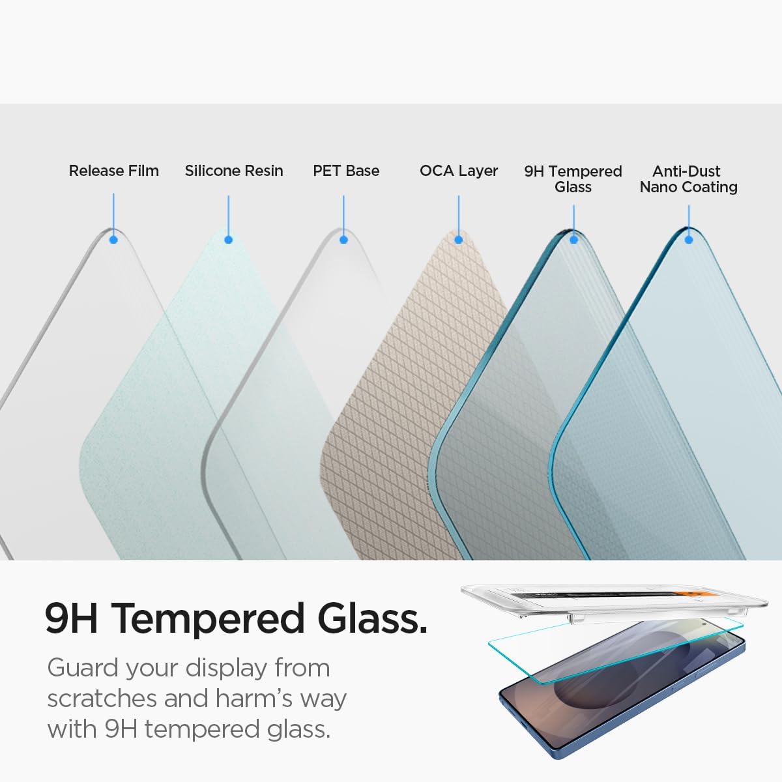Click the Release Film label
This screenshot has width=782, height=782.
click(114, 171)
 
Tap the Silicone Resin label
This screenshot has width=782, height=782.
click(234, 171)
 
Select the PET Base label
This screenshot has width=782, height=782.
click(346, 171)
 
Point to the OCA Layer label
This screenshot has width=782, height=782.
click(459, 171)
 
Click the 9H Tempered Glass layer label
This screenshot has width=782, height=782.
click(573, 179)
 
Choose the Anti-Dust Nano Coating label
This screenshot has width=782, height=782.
click(688, 179)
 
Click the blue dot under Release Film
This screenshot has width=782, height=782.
click(113, 240)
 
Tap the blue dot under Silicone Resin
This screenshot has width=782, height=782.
click(229, 240)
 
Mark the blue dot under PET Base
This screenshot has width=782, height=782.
click(344, 240)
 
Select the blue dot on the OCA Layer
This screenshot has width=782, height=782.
click(459, 240)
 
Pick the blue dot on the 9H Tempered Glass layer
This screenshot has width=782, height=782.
click(574, 240)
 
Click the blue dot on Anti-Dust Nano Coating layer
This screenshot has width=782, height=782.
click(689, 240)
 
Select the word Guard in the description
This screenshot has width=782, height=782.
click(83, 668)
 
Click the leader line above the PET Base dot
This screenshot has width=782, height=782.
click(344, 215)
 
